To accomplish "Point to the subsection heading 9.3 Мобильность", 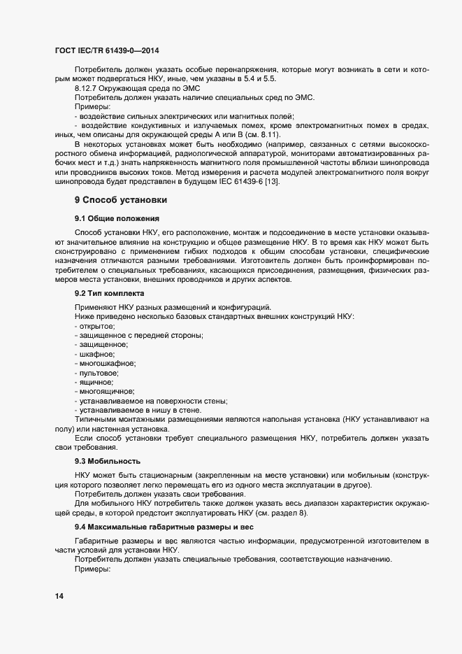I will (x=108, y=461).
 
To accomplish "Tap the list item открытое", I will (x=96, y=327).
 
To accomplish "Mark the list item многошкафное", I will (x=106, y=363).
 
